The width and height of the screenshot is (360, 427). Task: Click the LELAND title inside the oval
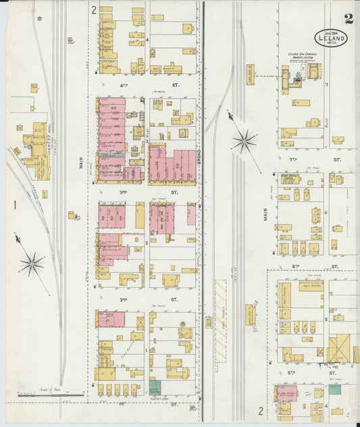(x=330, y=40)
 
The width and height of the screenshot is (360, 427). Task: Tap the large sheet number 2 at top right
(x=348, y=18)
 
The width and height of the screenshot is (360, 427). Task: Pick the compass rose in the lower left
(x=31, y=263)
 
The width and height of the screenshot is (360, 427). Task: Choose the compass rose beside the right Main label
(x=243, y=141)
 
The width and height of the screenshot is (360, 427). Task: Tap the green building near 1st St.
(x=155, y=388)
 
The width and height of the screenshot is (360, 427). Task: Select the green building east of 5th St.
(x=334, y=389)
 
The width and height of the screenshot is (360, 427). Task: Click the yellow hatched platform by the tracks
(x=221, y=304)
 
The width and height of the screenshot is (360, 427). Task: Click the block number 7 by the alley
(x=326, y=84)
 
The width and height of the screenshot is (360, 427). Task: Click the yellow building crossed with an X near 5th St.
(x=338, y=348)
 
